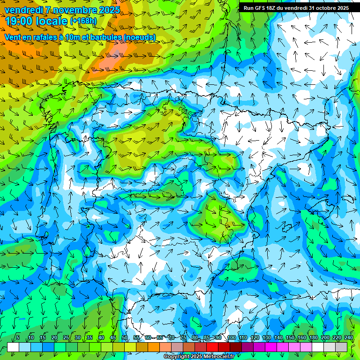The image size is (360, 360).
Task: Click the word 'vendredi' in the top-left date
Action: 21,10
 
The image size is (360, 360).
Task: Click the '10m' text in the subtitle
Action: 71,37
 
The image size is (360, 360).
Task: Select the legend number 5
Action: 18,338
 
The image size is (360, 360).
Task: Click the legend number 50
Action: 124,338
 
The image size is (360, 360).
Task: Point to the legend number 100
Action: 231,338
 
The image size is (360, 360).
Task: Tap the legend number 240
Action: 348,338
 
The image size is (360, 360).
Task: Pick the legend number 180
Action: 313,338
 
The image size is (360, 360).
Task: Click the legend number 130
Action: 266,338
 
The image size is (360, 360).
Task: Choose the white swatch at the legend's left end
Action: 13,347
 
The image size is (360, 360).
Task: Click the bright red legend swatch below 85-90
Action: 212,347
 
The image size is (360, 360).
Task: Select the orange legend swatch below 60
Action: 153,347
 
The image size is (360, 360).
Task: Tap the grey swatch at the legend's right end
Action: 342,347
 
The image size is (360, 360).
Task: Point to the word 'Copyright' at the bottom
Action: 177,356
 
